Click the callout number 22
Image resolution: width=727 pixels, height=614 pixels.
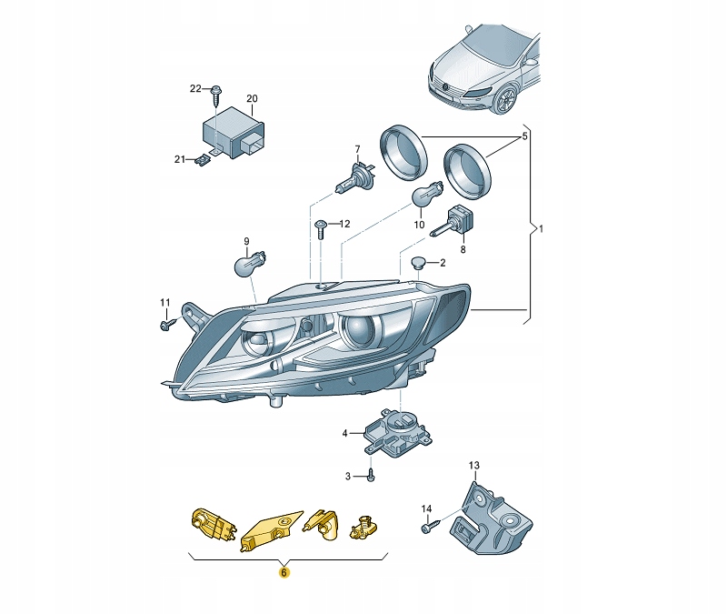pos(195,88)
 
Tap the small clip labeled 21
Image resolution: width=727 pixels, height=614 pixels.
pos(203,161)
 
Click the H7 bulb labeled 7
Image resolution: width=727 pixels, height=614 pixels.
pos(351,177)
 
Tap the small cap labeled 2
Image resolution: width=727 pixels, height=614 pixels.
pos(419,264)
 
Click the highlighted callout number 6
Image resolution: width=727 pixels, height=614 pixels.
pos(284,573)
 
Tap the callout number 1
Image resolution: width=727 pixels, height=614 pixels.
pos(541,228)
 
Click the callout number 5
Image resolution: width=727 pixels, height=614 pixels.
pos(523,137)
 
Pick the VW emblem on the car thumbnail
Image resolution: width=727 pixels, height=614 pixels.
pos(447,87)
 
